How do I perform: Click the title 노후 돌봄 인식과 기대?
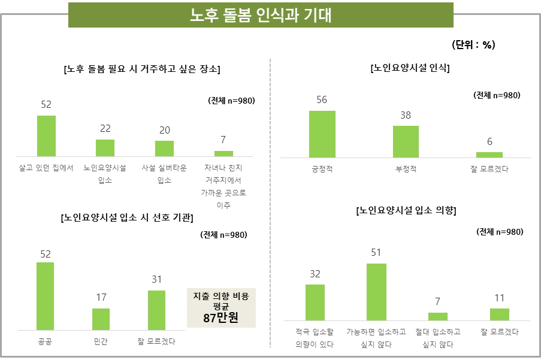click(x=260, y=15)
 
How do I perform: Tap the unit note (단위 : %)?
click(x=473, y=45)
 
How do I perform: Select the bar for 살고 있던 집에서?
click(x=46, y=136)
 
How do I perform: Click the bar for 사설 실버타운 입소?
click(x=164, y=149)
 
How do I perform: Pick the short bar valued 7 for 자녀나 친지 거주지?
click(x=223, y=153)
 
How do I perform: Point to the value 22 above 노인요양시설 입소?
click(x=105, y=129)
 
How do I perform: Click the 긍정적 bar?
click(x=322, y=134)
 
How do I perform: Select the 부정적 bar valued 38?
click(x=406, y=141)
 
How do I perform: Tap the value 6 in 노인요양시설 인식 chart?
click(x=489, y=142)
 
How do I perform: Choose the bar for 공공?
click(x=45, y=296)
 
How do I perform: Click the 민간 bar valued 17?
click(x=101, y=319)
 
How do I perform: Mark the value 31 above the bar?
click(x=156, y=279)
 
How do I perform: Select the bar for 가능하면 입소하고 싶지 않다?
click(x=376, y=292)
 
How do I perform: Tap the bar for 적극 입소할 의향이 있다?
click(x=315, y=302)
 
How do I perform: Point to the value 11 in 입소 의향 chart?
click(x=500, y=298)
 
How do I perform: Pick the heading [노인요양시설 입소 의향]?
click(x=406, y=211)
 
